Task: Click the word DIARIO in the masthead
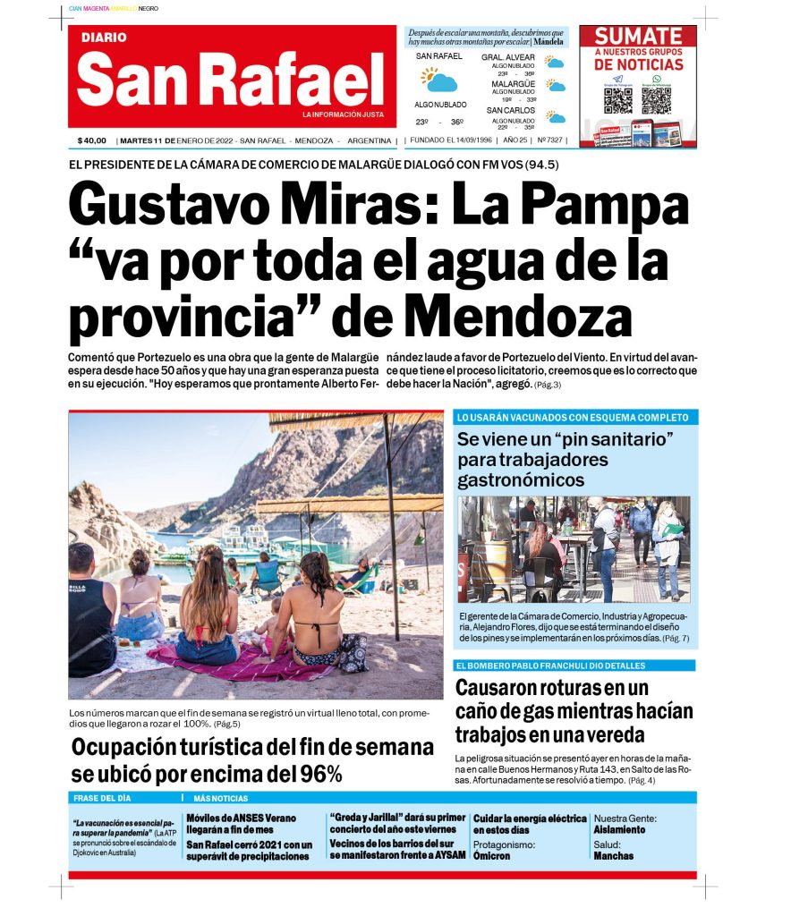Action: [104, 38]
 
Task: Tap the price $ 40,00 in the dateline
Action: [92, 140]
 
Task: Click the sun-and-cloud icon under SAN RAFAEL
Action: [439, 81]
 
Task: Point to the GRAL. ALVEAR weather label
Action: [508, 57]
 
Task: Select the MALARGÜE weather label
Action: [513, 84]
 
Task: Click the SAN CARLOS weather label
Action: [512, 111]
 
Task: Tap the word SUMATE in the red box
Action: [638, 37]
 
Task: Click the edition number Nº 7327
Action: [549, 140]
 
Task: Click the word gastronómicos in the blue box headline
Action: [521, 480]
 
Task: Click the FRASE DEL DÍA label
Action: [103, 798]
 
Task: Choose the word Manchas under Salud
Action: [613, 856]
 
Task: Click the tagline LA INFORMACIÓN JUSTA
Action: [343, 114]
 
